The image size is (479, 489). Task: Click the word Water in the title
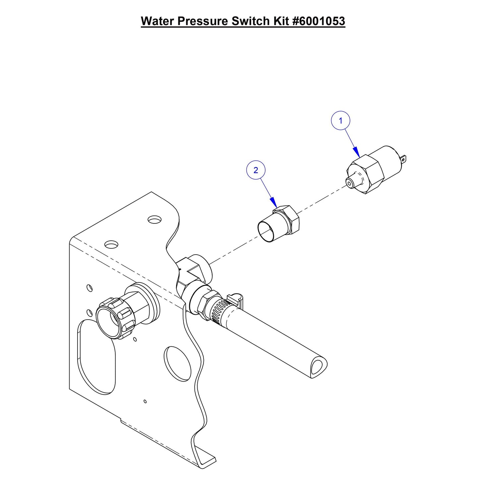pyautogui.click(x=157, y=21)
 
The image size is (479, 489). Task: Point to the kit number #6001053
pyautogui.click(x=319, y=21)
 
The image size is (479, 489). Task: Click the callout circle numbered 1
pyautogui.click(x=340, y=121)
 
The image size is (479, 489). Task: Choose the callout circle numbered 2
pyautogui.click(x=256, y=170)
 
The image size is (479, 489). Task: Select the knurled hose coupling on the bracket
pyautogui.click(x=116, y=315)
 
